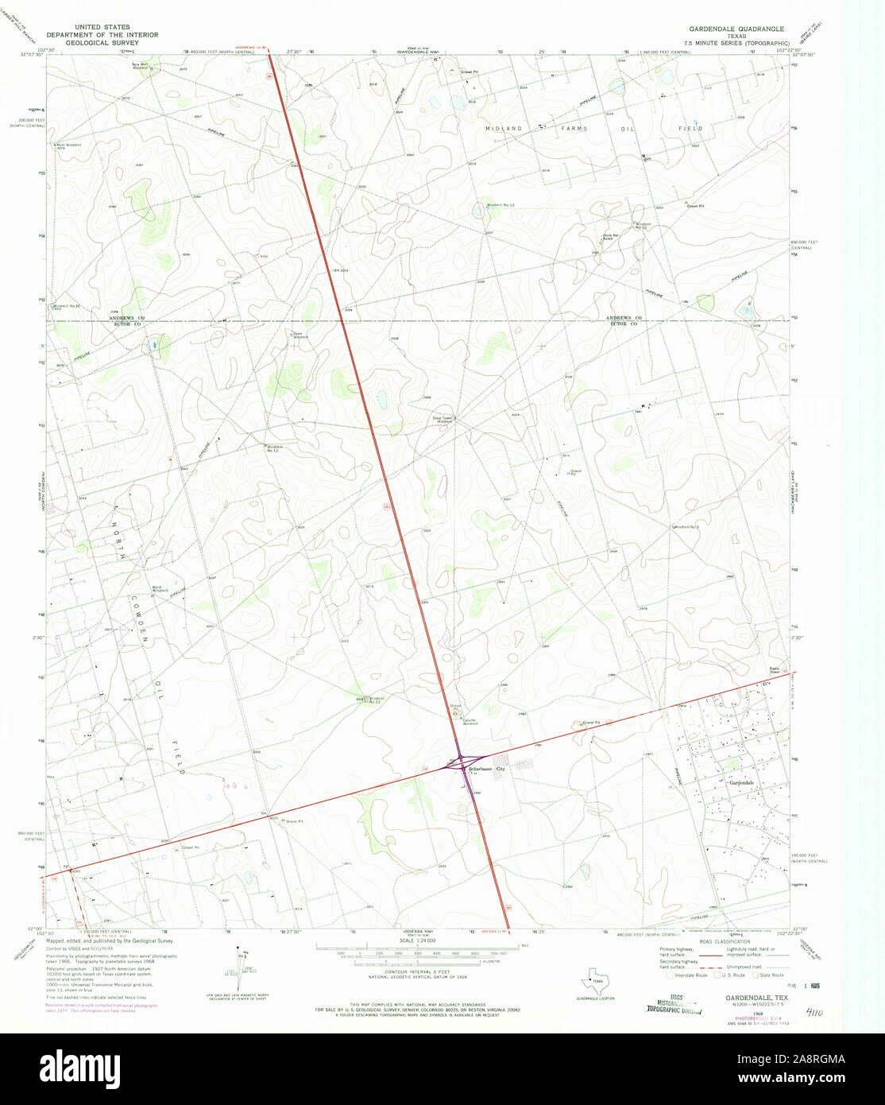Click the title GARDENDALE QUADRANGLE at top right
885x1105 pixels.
[736, 29]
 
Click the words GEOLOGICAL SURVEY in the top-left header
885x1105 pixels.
[102, 43]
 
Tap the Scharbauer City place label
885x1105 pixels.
[486, 770]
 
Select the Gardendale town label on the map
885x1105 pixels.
[741, 783]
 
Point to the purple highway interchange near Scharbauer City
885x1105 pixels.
[460, 763]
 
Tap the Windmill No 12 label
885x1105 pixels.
[275, 448]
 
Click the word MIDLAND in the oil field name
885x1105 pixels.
[504, 128]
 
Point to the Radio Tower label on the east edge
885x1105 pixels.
[775, 669]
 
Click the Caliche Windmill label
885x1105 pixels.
[470, 722]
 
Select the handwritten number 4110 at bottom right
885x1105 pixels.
[814, 1013]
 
